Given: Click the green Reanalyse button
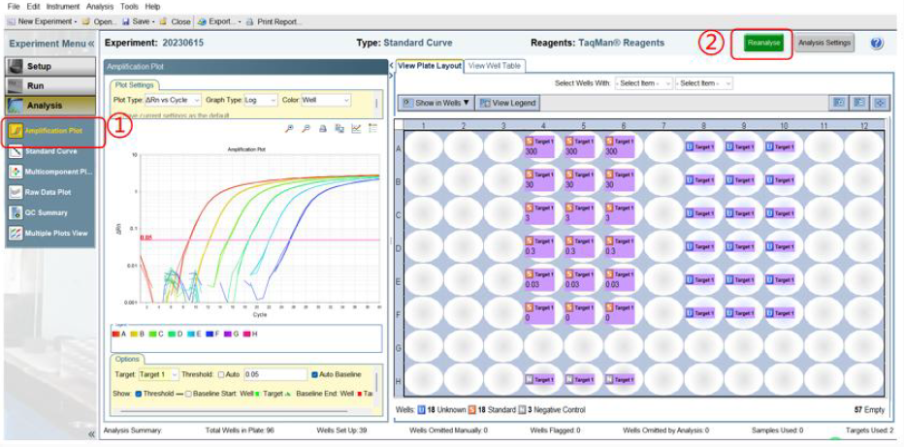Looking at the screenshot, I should tap(764, 43).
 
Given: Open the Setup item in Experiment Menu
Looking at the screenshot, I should tap(49, 66).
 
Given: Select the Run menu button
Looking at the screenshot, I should tap(49, 85).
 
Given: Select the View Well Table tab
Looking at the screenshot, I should tap(494, 66).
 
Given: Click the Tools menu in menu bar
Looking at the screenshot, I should tap(128, 6).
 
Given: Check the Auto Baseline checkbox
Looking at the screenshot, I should tap(315, 373).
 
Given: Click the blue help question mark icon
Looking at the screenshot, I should tap(877, 43).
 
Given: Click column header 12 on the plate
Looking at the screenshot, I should tap(863, 125).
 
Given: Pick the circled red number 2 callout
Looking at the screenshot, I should tap(712, 43).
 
